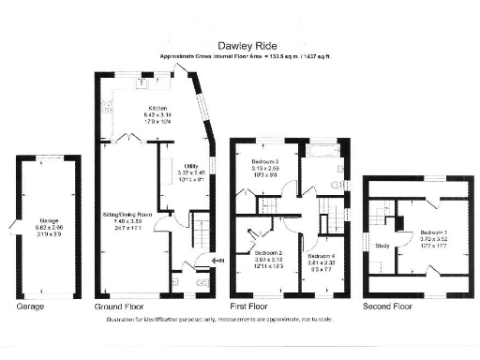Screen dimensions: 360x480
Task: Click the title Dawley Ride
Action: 248,44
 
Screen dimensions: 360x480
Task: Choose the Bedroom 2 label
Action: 267,253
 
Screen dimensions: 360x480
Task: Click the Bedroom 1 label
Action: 435,232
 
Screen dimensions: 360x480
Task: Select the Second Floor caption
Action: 387,307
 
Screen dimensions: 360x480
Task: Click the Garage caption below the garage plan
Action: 30,307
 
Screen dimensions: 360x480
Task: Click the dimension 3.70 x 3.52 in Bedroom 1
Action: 435,239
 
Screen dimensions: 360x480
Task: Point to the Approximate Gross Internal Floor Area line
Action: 247,57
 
